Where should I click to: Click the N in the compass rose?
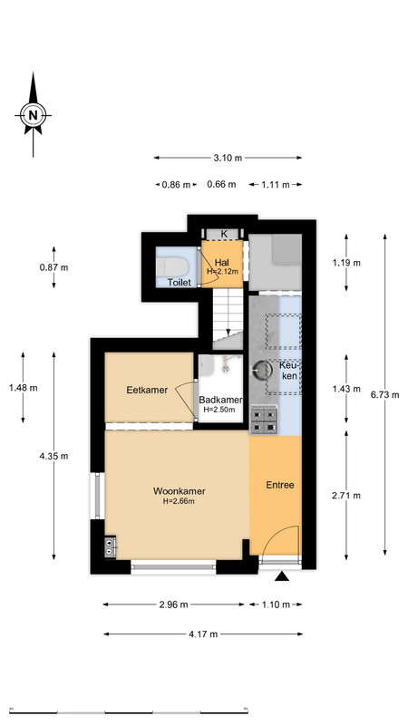point(33,115)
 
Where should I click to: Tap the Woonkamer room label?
point(179,491)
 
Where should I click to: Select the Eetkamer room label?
point(147,390)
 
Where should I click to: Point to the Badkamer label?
point(220,400)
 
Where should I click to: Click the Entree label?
point(280,485)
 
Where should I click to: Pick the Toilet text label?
point(179,282)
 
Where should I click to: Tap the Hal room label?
point(222,263)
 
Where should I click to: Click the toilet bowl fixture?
point(171,266)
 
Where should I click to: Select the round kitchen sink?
point(263,370)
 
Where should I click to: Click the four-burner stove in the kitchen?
point(264,420)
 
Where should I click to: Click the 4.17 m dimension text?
point(203,634)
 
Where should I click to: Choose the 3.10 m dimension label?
point(228,158)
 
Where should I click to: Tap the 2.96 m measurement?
point(173,604)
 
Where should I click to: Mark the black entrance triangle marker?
point(282,576)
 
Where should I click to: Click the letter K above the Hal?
point(224,234)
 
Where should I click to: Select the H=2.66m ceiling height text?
point(179,501)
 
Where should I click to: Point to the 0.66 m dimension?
point(221,185)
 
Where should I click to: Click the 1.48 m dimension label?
point(24,388)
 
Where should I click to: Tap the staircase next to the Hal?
point(228,319)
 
